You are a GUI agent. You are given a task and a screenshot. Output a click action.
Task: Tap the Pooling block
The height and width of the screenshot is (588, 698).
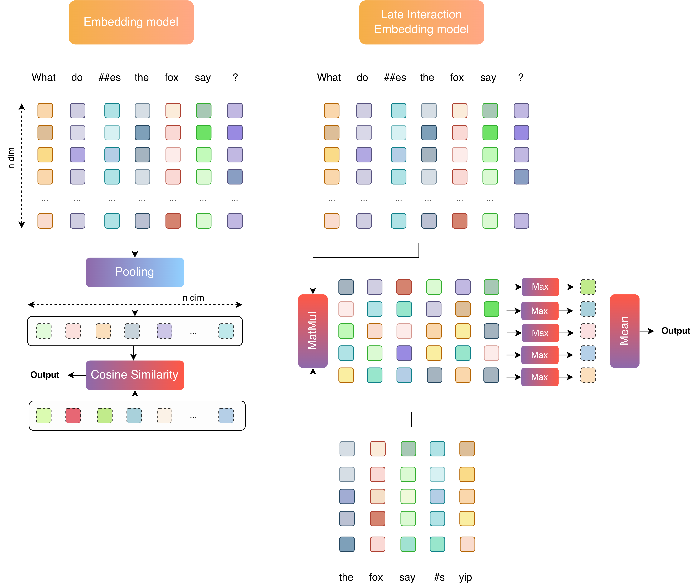(135, 272)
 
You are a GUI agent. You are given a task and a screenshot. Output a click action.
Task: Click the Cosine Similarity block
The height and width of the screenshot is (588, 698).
(135, 375)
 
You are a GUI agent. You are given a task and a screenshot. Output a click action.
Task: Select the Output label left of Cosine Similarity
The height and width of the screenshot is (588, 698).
(45, 375)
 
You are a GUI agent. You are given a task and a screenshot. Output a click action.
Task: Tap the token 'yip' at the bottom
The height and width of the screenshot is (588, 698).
(465, 577)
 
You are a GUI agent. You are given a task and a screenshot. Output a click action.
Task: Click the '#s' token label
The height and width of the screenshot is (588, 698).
(439, 577)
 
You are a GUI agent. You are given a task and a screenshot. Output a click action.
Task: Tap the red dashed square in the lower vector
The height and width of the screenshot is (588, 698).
(73, 416)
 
